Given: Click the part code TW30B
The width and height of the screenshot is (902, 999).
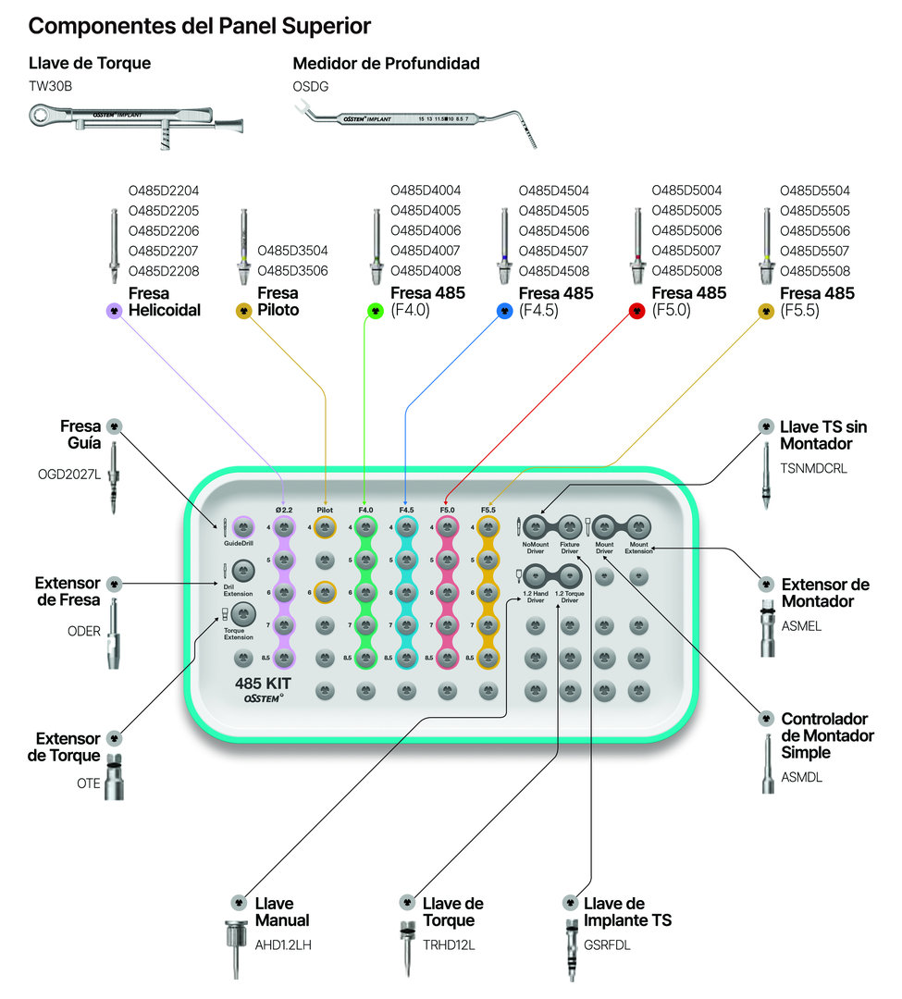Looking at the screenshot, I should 50,87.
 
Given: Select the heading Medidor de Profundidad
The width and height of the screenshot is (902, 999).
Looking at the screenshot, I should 386,64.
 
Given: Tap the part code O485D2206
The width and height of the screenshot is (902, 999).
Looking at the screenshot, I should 165,230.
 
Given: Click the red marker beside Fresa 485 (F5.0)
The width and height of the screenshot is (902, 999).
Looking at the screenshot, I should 636,312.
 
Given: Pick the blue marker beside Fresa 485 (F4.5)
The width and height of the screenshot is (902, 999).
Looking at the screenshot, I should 503,312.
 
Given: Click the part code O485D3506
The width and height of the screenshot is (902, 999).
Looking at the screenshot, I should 292,271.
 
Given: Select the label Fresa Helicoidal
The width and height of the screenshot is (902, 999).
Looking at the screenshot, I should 165,302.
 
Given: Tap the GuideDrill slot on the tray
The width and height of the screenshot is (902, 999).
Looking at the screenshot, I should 243,527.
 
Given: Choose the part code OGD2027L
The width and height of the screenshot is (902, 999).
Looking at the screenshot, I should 67,475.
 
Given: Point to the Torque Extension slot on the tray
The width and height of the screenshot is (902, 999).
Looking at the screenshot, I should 243,612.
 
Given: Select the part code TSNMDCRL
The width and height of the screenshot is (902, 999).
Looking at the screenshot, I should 813,469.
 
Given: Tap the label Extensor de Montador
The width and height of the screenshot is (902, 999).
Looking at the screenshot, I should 825,593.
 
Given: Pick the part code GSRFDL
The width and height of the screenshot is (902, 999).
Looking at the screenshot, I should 606,945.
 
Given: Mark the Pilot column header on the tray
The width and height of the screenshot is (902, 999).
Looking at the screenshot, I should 324,509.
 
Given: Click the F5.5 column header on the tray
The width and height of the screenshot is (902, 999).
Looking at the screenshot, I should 488,509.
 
